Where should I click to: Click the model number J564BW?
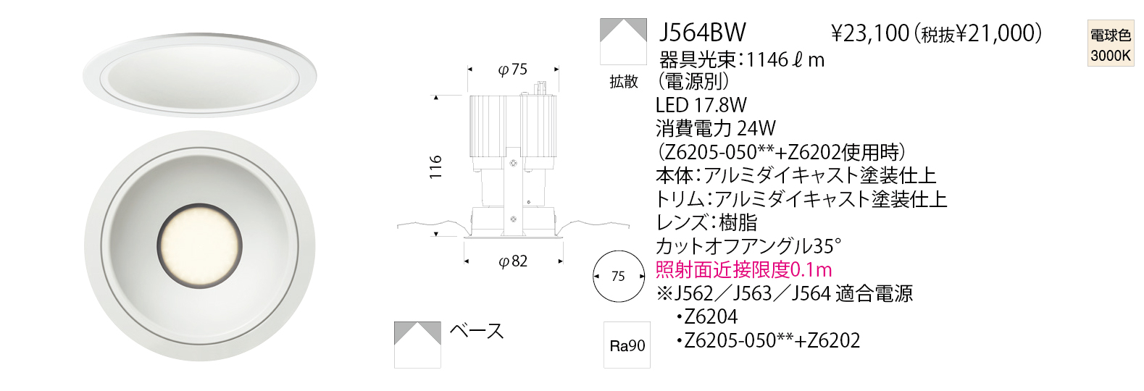coord(702,33)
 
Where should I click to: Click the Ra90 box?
coord(627,345)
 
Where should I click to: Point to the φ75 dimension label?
coord(512,70)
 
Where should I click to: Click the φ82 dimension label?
coord(513,261)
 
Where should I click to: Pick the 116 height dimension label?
coord(435,167)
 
